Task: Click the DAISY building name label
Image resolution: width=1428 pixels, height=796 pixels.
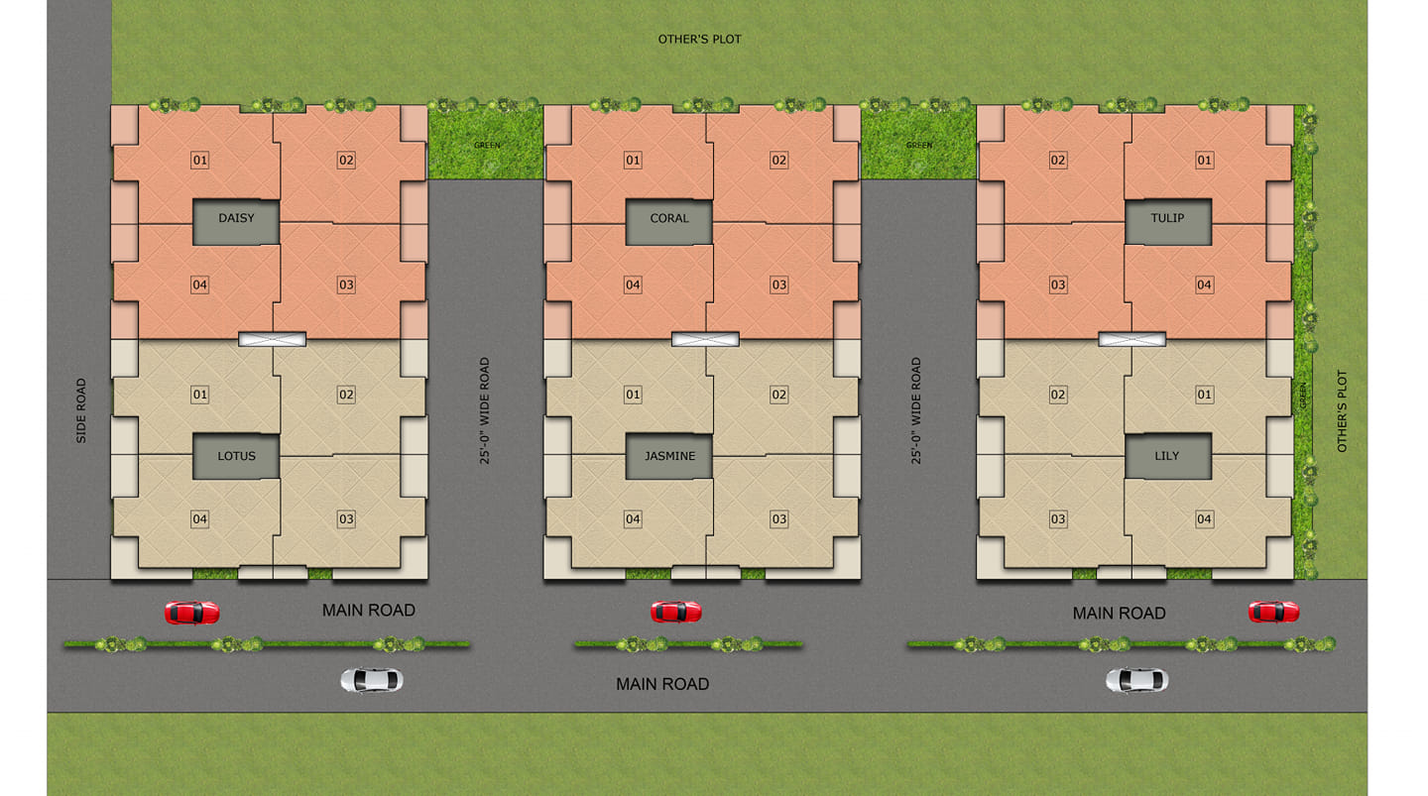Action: pyautogui.click(x=236, y=222)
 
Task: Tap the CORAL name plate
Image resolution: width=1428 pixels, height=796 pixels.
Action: pyautogui.click(x=668, y=222)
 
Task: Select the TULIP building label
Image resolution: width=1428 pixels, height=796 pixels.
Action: pyautogui.click(x=1168, y=222)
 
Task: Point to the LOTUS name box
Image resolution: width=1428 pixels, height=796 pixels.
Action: pyautogui.click(x=236, y=456)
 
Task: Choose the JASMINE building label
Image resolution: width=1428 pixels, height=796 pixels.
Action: pyautogui.click(x=668, y=456)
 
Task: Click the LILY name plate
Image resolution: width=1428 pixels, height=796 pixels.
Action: pyautogui.click(x=1168, y=456)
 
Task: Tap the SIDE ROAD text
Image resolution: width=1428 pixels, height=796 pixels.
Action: pyautogui.click(x=81, y=410)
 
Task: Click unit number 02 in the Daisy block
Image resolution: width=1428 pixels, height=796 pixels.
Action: pyautogui.click(x=346, y=160)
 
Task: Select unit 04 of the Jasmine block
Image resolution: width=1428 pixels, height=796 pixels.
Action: pyautogui.click(x=633, y=518)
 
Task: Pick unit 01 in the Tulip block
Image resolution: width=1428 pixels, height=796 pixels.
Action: pyautogui.click(x=1204, y=160)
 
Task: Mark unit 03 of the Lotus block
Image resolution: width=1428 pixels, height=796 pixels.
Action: pyautogui.click(x=346, y=518)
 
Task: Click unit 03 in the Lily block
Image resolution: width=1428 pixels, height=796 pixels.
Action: pyautogui.click(x=1057, y=518)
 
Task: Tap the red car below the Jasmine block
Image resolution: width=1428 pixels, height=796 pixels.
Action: pyautogui.click(x=675, y=612)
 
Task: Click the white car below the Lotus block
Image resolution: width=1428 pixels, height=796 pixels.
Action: pyautogui.click(x=371, y=681)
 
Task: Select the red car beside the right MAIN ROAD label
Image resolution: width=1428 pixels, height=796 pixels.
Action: pyautogui.click(x=1273, y=612)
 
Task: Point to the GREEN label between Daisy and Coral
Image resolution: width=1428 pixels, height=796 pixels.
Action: pyautogui.click(x=486, y=146)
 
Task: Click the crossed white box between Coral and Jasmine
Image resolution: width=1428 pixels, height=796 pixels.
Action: pyautogui.click(x=705, y=340)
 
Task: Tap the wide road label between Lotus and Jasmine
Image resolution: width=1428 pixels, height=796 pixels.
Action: pyautogui.click(x=485, y=410)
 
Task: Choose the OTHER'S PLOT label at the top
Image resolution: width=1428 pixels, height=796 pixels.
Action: pyautogui.click(x=699, y=40)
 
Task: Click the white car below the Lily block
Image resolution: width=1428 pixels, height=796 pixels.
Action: pyautogui.click(x=1136, y=680)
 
